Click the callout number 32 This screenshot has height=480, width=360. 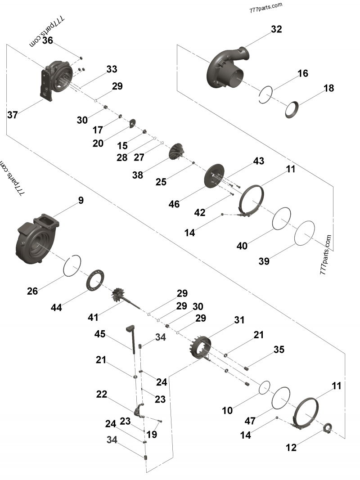tap(276, 29)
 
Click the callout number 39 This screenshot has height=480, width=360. tap(264, 261)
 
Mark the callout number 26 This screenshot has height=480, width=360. tap(32, 291)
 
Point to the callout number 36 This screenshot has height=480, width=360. tap(48, 40)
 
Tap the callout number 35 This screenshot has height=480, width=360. tap(279, 349)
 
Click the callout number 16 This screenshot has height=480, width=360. tap(303, 73)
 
